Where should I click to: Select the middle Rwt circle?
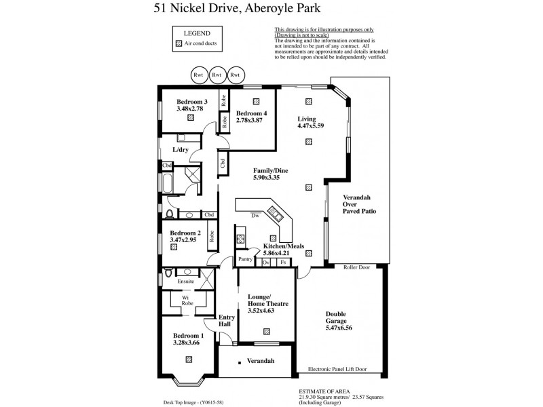coord(217,75)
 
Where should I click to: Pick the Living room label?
coord(307,119)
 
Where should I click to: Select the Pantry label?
coord(245,258)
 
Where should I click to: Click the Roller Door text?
coord(357,268)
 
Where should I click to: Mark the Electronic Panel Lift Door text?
coord(337,369)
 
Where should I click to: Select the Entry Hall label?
coord(226,321)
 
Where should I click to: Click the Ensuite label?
coord(185,281)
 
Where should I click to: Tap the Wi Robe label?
coord(185,300)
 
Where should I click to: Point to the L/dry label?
coord(180,149)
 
